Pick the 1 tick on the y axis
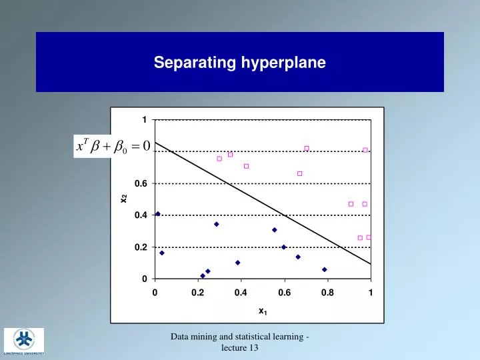pos(144,120)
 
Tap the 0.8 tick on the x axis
pos(327,292)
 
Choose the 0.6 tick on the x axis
pos(284,292)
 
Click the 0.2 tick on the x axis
pos(197,292)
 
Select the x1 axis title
pos(263,311)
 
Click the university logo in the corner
pos(24,342)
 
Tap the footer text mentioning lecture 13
pos(239,343)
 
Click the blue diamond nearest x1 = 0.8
pos(325,269)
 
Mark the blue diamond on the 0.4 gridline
pos(158,214)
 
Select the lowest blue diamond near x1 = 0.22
pos(203,275)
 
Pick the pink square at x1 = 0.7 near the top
pos(307,148)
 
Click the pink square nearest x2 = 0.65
pos(299,173)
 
